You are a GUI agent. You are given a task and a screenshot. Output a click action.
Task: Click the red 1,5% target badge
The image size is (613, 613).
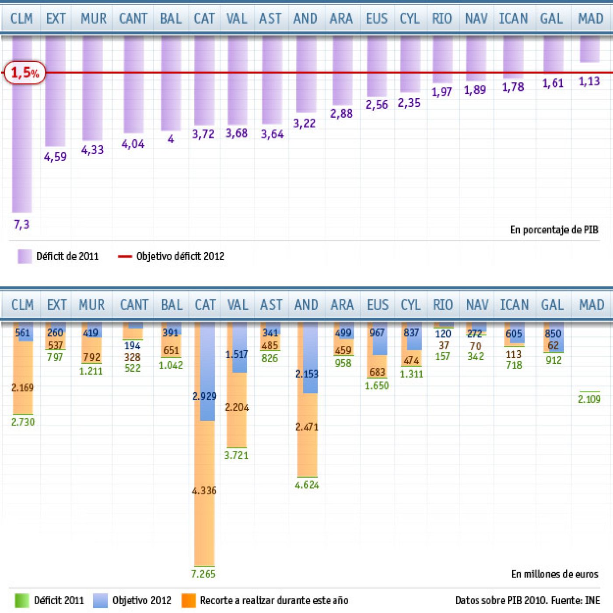tap(25, 73)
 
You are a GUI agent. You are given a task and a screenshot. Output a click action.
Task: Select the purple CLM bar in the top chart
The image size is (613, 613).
tap(22, 131)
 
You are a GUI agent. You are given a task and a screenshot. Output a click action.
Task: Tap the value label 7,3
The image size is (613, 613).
tap(21, 225)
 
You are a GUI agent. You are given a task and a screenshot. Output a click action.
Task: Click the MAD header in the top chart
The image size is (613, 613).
tap(590, 18)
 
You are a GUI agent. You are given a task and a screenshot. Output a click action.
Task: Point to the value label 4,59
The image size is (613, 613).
tap(55, 157)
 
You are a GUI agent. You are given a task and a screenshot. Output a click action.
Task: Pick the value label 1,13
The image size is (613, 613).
tap(589, 81)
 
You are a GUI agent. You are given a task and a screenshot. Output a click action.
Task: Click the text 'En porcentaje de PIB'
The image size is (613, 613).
tap(554, 230)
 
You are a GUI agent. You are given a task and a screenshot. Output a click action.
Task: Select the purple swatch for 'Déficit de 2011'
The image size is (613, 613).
tap(25, 256)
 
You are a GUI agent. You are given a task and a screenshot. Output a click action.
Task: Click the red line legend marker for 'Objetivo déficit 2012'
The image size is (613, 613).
tap(125, 256)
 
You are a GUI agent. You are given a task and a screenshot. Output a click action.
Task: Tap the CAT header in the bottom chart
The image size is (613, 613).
tap(205, 305)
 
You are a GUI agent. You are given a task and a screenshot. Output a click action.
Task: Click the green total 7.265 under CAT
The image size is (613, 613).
tap(203, 574)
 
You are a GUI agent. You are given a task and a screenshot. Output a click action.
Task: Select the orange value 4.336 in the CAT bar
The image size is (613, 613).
tap(204, 491)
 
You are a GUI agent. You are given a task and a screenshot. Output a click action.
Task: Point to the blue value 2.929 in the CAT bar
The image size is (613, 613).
tap(204, 396)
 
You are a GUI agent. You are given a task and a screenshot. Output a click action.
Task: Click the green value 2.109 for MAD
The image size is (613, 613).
tap(589, 399)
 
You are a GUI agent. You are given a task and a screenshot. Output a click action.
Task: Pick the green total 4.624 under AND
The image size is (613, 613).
tap(307, 485)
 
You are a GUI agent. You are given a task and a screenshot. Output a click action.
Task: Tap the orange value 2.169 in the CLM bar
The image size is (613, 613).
tap(22, 388)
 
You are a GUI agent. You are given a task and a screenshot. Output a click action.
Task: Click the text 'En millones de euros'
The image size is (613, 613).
tap(554, 574)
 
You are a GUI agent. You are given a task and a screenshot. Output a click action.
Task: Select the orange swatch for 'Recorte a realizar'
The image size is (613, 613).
tap(189, 600)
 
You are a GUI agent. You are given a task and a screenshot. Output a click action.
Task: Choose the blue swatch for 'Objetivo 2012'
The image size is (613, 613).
tap(101, 600)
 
